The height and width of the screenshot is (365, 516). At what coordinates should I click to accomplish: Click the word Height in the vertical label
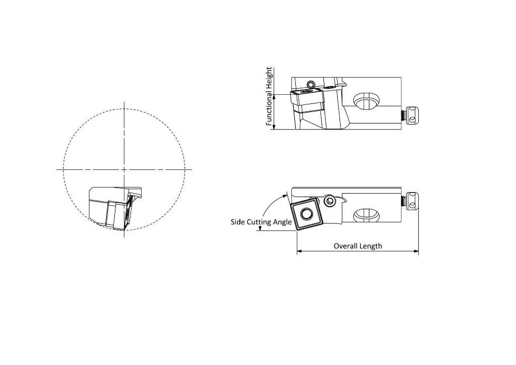click(x=269, y=80)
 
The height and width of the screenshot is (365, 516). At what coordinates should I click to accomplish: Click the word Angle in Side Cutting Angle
click(x=283, y=222)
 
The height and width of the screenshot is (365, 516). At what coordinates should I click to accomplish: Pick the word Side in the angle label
click(x=238, y=222)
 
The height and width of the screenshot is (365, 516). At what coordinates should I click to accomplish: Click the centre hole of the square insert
click(x=306, y=215)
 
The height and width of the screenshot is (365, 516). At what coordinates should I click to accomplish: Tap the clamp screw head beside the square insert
click(x=330, y=201)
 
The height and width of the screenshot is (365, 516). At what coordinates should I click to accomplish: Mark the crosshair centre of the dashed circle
click(x=124, y=170)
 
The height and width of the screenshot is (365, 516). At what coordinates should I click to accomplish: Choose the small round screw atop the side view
click(x=311, y=83)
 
